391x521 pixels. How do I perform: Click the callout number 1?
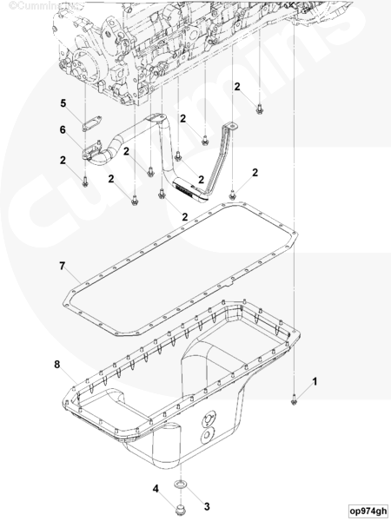click(x=315, y=381)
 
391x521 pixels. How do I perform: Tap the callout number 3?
click(x=207, y=507)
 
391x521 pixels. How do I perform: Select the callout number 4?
click(x=156, y=489)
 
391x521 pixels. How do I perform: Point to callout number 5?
click(x=63, y=103)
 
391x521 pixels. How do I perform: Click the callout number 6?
click(x=63, y=129)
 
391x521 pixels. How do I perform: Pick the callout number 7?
click(x=63, y=267)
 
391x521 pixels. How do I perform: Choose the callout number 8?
click(x=57, y=365)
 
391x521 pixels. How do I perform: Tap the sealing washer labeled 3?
click(x=181, y=484)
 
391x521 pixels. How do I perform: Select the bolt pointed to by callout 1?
click(x=294, y=399)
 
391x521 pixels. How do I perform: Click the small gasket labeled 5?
click(x=92, y=123)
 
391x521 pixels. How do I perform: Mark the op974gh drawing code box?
click(x=368, y=511)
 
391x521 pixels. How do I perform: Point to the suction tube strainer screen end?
click(x=189, y=190)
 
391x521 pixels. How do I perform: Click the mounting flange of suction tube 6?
click(x=91, y=151)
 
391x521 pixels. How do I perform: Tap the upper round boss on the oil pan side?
click(x=209, y=419)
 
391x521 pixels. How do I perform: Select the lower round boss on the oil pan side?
click(x=207, y=436)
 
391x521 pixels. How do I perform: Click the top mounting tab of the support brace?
click(x=229, y=126)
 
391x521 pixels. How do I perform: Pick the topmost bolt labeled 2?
click(x=260, y=109)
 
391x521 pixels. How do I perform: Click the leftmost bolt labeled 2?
click(x=85, y=181)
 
